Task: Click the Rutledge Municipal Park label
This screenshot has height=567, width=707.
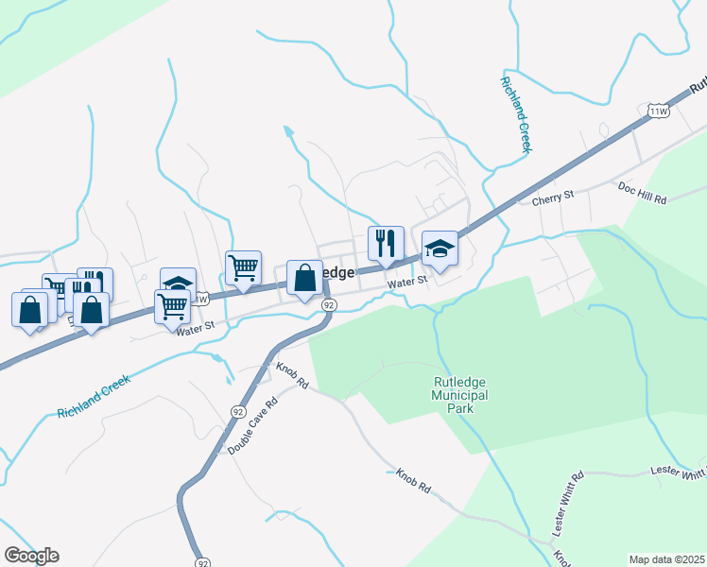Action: click(x=459, y=388)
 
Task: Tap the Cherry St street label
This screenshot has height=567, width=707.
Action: click(x=553, y=196)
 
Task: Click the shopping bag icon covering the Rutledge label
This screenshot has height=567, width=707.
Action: click(x=304, y=279)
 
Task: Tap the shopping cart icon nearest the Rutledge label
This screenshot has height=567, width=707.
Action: click(x=243, y=268)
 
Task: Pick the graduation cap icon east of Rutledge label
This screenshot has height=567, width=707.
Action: click(x=439, y=249)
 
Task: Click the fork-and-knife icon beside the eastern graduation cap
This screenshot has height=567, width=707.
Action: click(x=386, y=244)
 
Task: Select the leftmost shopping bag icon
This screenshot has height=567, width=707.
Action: click(x=30, y=309)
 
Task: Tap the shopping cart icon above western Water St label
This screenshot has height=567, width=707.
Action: click(x=173, y=306)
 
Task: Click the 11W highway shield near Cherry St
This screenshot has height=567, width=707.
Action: click(x=659, y=112)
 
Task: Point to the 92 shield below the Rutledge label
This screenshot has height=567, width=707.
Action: click(x=328, y=305)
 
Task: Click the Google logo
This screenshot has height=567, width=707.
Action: click(x=31, y=556)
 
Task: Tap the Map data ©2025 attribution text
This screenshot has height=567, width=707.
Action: click(x=665, y=559)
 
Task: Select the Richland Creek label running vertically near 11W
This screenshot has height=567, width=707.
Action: click(x=517, y=113)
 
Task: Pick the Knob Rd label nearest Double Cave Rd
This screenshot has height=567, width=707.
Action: click(x=293, y=375)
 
